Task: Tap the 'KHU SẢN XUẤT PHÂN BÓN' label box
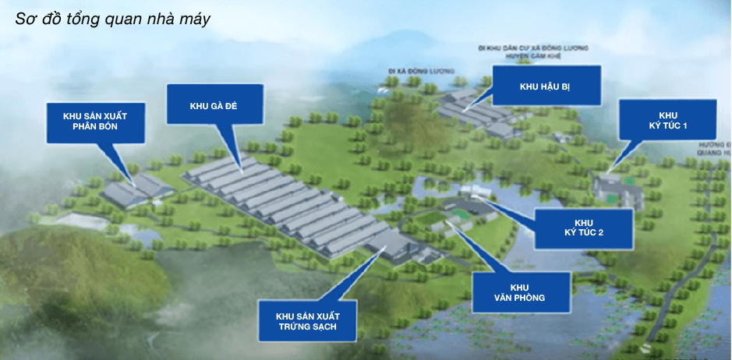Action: point(95,121)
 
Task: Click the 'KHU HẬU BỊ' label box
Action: point(545,86)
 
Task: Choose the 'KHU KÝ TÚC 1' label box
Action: point(667,119)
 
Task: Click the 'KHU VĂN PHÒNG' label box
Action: point(522,291)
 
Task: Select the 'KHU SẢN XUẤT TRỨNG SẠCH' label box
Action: point(307,320)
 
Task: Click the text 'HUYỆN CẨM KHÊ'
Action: point(546,55)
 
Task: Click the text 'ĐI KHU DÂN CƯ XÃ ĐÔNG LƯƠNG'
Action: point(535,48)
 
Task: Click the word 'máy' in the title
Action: point(196,19)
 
